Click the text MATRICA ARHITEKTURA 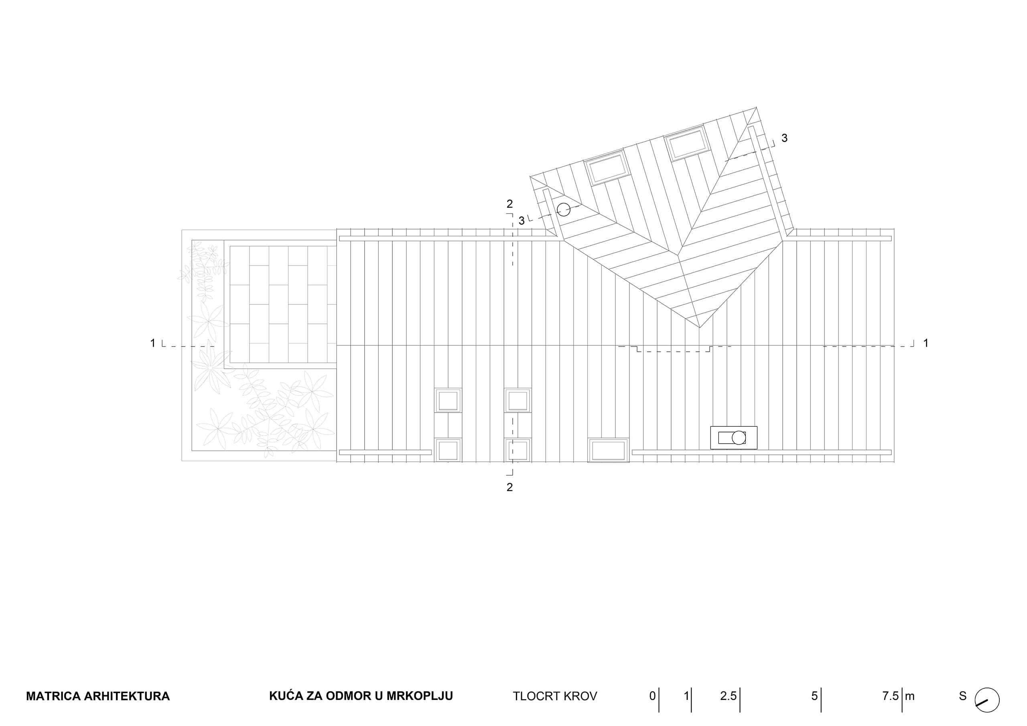[98, 696]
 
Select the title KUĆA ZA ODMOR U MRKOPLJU [361, 696]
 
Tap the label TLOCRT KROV [555, 696]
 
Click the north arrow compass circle [987, 700]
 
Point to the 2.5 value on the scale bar [728, 696]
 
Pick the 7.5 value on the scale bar [890, 696]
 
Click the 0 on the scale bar [653, 696]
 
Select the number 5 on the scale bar [814, 696]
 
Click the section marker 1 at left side [152, 343]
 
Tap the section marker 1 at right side [926, 343]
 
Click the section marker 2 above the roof [509, 204]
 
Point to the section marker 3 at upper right [785, 138]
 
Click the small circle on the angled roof [564, 209]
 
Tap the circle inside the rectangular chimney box [739, 438]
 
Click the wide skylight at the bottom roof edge [608, 450]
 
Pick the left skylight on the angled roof [607, 167]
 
